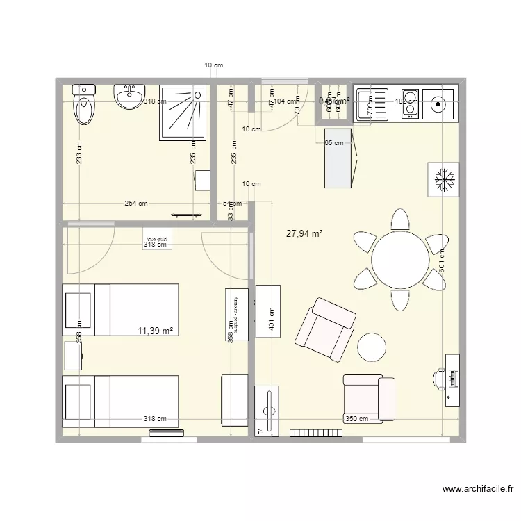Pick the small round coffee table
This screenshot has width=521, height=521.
pyautogui.click(x=372, y=346)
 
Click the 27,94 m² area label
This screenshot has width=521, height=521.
pyautogui.click(x=304, y=234)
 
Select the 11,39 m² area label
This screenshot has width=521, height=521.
pyautogui.click(x=156, y=331)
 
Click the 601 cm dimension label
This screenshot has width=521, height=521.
pyautogui.click(x=442, y=260)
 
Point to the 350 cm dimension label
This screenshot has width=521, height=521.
pyautogui.click(x=356, y=419)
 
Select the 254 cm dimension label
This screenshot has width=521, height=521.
pyautogui.click(x=135, y=204)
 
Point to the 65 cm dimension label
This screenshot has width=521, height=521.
pyautogui.click(x=334, y=143)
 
